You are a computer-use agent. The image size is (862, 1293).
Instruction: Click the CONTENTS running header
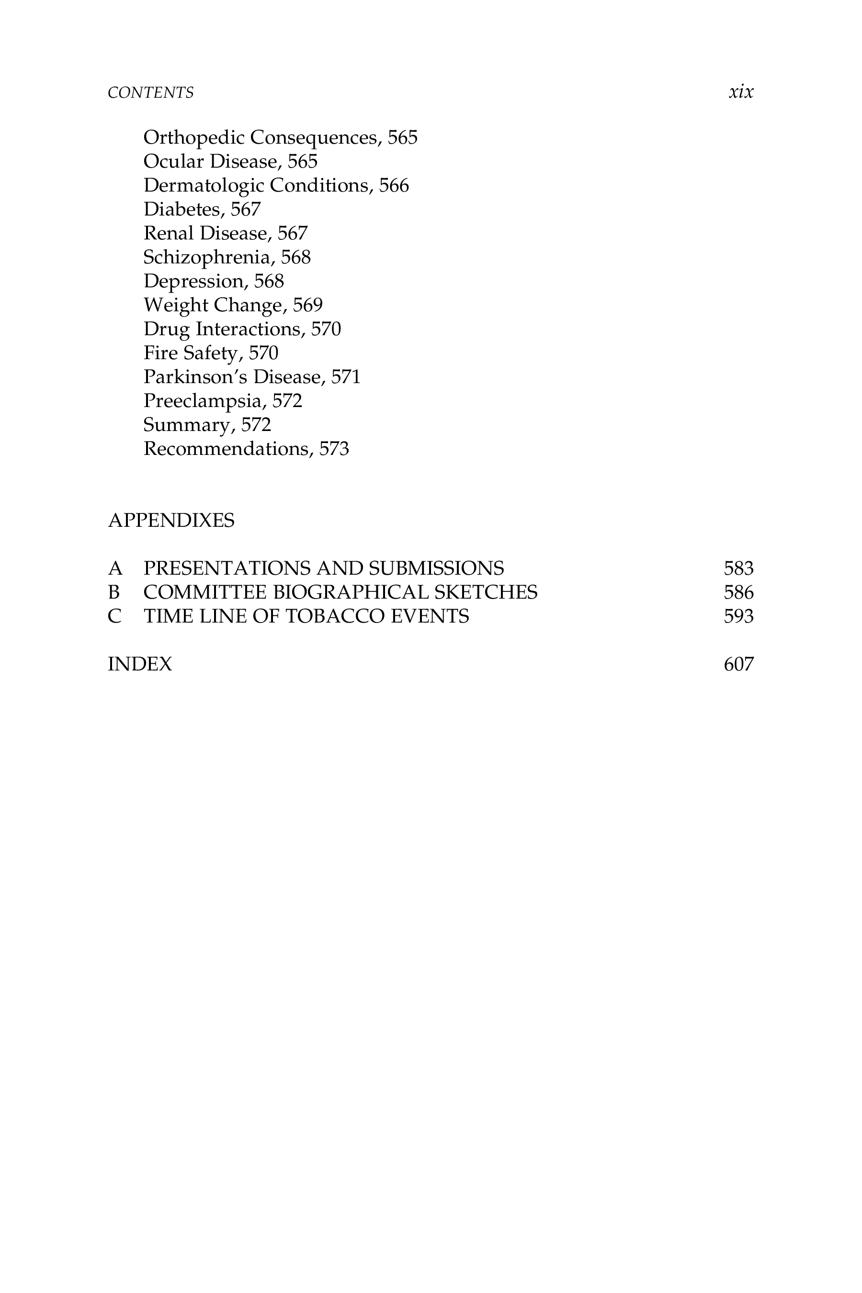[151, 92]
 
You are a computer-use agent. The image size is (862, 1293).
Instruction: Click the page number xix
[740, 92]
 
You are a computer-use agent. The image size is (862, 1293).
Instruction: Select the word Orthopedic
[193, 137]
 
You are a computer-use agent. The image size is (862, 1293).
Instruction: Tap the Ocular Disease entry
[230, 162]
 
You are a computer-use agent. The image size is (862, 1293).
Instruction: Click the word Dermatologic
[204, 186]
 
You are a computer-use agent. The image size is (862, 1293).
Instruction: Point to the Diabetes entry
[202, 209]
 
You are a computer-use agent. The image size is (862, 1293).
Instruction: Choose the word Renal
[168, 233]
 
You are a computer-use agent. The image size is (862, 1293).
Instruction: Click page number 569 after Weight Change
[307, 305]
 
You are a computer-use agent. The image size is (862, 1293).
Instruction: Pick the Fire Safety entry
[211, 353]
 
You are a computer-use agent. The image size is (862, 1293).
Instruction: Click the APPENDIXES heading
[171, 520]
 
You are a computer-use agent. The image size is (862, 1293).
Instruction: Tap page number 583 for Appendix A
[738, 568]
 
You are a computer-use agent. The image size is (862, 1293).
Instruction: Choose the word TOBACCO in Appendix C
[335, 616]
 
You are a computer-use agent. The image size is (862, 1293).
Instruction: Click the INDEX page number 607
[738, 664]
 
